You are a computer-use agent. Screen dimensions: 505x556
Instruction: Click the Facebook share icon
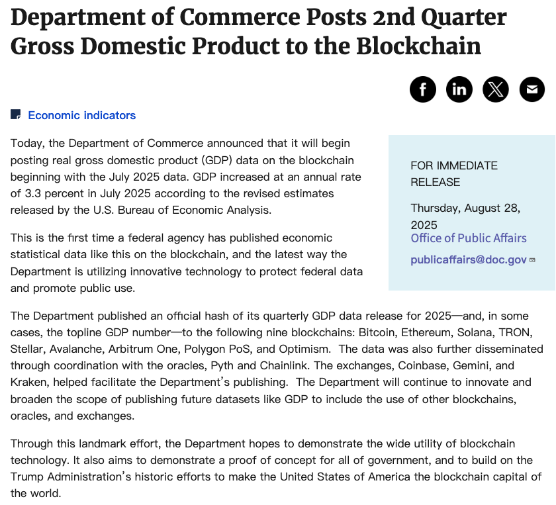pyautogui.click(x=423, y=89)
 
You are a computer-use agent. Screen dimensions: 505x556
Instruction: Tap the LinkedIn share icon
pyautogui.click(x=459, y=89)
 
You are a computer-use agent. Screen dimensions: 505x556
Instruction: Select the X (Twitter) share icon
pyautogui.click(x=496, y=89)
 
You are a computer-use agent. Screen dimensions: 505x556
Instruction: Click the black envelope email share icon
pyautogui.click(x=532, y=89)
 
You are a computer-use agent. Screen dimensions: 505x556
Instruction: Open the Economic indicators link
pyautogui.click(x=81, y=115)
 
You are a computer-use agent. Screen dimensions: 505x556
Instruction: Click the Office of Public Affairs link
pyautogui.click(x=469, y=238)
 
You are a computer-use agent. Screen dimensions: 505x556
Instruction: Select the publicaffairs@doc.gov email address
pyautogui.click(x=469, y=259)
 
